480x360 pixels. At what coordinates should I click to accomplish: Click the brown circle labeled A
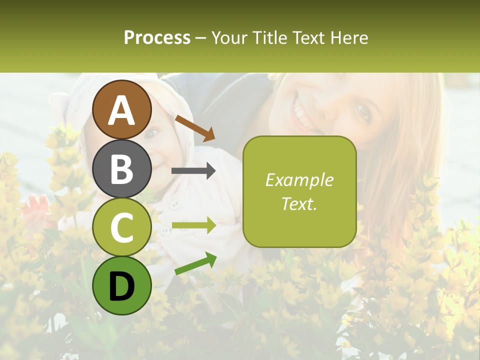pyautogui.click(x=122, y=109)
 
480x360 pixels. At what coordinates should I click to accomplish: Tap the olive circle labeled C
pyautogui.click(x=122, y=227)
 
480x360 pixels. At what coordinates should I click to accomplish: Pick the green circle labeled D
pyautogui.click(x=122, y=285)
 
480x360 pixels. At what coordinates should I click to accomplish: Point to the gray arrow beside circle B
pyautogui.click(x=193, y=171)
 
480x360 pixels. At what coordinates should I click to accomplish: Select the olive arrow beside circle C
pyautogui.click(x=193, y=226)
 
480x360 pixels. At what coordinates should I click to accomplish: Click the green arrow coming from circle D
pyautogui.click(x=195, y=263)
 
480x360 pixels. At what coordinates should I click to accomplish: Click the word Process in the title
pyautogui.click(x=157, y=38)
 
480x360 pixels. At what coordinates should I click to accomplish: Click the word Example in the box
pyautogui.click(x=299, y=180)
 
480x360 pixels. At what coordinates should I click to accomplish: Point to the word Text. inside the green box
pyautogui.click(x=299, y=204)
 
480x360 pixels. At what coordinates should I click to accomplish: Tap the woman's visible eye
pyautogui.click(x=362, y=113)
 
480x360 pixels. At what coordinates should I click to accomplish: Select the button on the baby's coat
pyautogui.click(x=173, y=203)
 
